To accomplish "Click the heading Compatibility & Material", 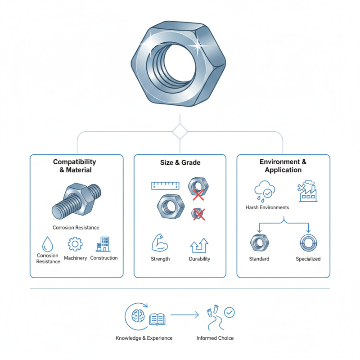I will [75, 166].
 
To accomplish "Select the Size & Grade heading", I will [180, 162].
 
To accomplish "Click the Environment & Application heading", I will [283, 166].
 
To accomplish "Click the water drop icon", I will [47, 244].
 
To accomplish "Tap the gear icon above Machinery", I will [75, 244].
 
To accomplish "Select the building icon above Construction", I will [103, 244].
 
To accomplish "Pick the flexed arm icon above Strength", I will [160, 243].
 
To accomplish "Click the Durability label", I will [200, 259].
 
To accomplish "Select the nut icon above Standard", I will [259, 243].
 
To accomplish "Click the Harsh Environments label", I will [267, 207].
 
